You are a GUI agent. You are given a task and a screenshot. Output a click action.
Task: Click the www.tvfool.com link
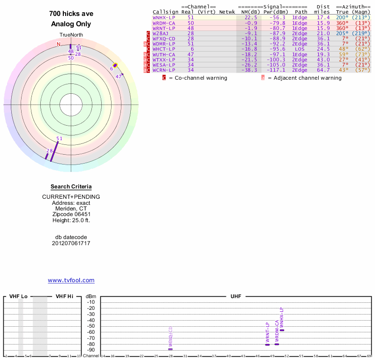click(71, 280)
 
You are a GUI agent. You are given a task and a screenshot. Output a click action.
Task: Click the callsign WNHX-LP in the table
click(164, 17)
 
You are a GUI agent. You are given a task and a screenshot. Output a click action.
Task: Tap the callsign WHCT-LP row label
click(164, 49)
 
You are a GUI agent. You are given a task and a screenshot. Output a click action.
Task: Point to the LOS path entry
click(300, 49)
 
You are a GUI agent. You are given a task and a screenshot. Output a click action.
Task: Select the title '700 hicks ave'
click(71, 14)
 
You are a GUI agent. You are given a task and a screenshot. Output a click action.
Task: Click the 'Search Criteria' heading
click(71, 187)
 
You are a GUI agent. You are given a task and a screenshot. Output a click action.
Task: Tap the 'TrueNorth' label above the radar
click(71, 35)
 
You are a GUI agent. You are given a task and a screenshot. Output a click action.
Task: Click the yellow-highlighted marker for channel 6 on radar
click(115, 65)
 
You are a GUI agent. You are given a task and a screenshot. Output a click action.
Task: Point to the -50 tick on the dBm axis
click(91, 326)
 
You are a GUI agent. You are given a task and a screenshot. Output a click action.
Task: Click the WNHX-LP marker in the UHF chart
click(282, 330)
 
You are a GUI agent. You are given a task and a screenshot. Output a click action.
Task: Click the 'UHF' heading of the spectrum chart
click(235, 297)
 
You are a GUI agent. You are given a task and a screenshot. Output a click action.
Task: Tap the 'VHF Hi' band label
click(64, 297)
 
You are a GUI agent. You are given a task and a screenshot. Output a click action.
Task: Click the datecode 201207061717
click(71, 243)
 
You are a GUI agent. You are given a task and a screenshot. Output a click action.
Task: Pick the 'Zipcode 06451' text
click(71, 214)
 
